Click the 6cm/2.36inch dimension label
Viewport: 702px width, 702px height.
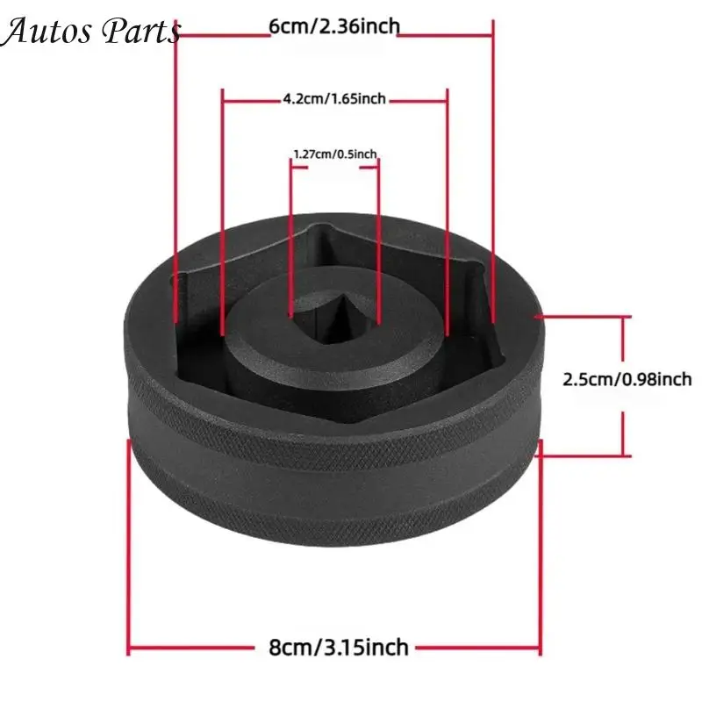pyautogui.click(x=334, y=27)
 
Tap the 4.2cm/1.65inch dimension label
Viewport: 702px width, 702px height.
pyautogui.click(x=334, y=98)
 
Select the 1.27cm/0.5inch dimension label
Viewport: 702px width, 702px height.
pyautogui.click(x=335, y=154)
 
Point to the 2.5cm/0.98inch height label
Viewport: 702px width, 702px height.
pyautogui.click(x=627, y=380)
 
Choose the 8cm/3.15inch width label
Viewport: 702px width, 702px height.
pyautogui.click(x=339, y=648)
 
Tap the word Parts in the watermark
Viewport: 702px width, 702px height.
pyautogui.click(x=141, y=32)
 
